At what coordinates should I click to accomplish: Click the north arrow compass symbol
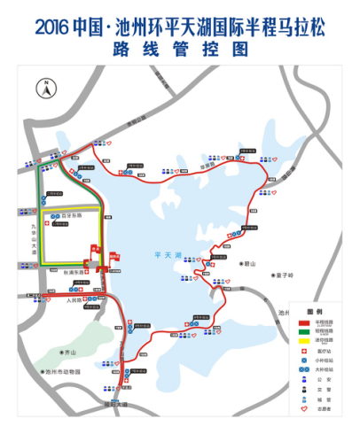[x=42, y=87]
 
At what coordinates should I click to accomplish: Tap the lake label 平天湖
[x=167, y=255]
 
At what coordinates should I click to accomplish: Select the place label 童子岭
[x=286, y=275]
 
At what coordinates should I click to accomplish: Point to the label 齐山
[x=66, y=352]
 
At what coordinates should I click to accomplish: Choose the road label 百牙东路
[x=71, y=215]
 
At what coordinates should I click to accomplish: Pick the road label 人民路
[x=75, y=300]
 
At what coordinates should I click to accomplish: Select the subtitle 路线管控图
[x=179, y=51]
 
